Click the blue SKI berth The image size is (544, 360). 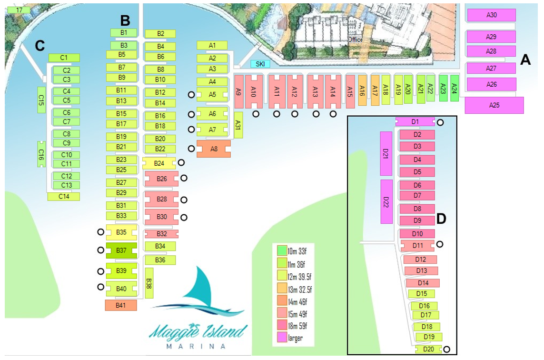click(x=260, y=64)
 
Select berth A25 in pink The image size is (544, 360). click(x=494, y=105)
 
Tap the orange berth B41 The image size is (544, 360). click(x=121, y=305)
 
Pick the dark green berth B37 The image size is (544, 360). click(x=121, y=250)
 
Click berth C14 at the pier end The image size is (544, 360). click(x=63, y=196)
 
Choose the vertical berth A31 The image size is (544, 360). click(x=238, y=125)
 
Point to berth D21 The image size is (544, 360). click(x=386, y=153)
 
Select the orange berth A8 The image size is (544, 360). click(x=214, y=149)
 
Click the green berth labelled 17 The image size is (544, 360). click(x=19, y=10)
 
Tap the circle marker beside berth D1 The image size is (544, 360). click(x=441, y=122)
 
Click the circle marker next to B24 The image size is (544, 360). click(x=181, y=163)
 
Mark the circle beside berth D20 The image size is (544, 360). click(x=447, y=349)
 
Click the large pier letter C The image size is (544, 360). click(x=40, y=45)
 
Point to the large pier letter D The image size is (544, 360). click(x=441, y=219)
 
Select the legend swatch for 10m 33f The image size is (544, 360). click(x=282, y=250)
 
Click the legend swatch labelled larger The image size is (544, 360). click(x=282, y=338)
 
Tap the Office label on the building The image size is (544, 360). click(x=355, y=40)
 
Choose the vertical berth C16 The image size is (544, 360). click(x=41, y=154)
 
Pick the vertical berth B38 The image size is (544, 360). click(x=149, y=282)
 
